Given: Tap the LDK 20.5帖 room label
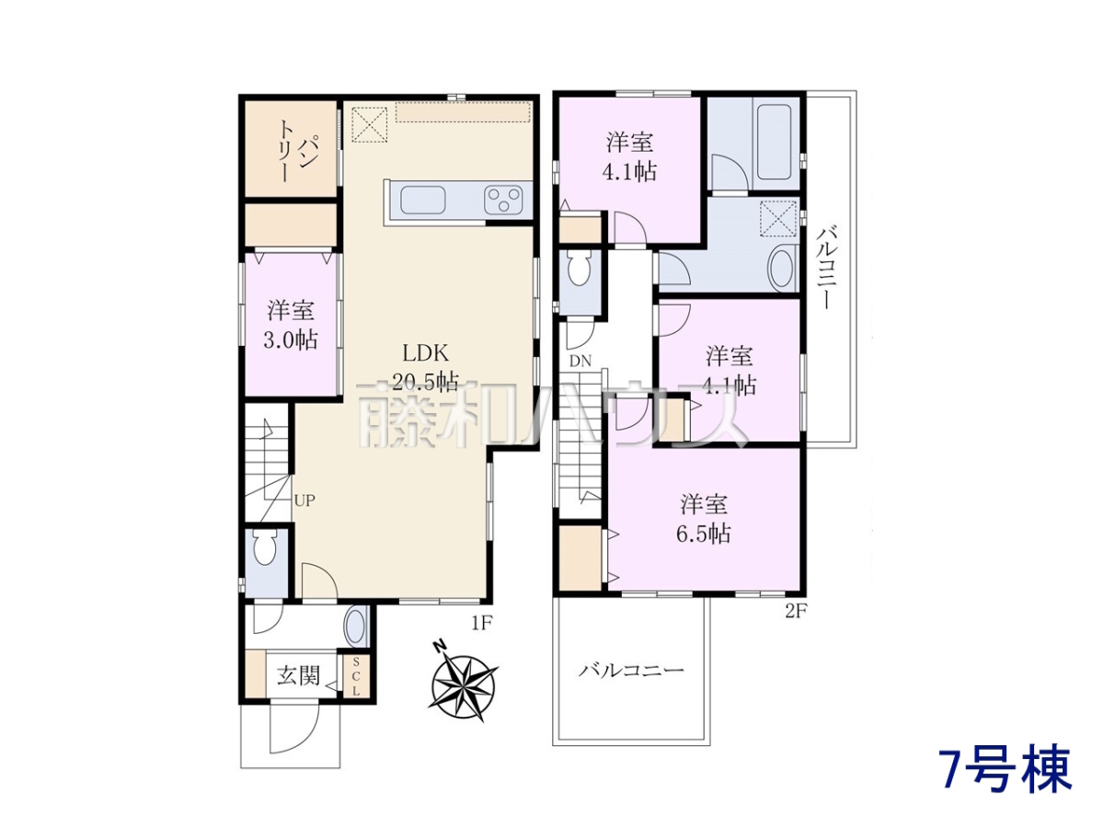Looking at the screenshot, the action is click(425, 368).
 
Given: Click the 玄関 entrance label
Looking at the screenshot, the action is click(299, 676).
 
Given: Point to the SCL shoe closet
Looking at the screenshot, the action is click(356, 676).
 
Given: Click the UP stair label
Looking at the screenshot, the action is click(305, 500).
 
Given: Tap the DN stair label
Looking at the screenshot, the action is click(581, 361).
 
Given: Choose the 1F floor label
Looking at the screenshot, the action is click(480, 624).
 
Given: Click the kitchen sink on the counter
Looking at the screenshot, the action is click(422, 201).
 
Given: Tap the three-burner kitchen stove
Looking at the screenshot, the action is click(503, 200).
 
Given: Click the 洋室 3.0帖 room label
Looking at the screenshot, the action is click(292, 325).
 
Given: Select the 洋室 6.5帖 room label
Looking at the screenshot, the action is click(704, 518).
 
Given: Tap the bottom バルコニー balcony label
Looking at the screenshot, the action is click(630, 670).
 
